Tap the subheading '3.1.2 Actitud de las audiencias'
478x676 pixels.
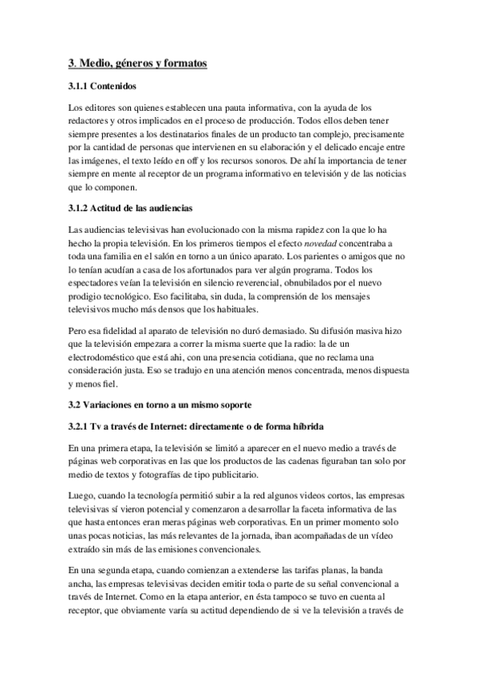pyautogui.click(x=130, y=208)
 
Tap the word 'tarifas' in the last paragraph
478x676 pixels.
pyautogui.click(x=298, y=571)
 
